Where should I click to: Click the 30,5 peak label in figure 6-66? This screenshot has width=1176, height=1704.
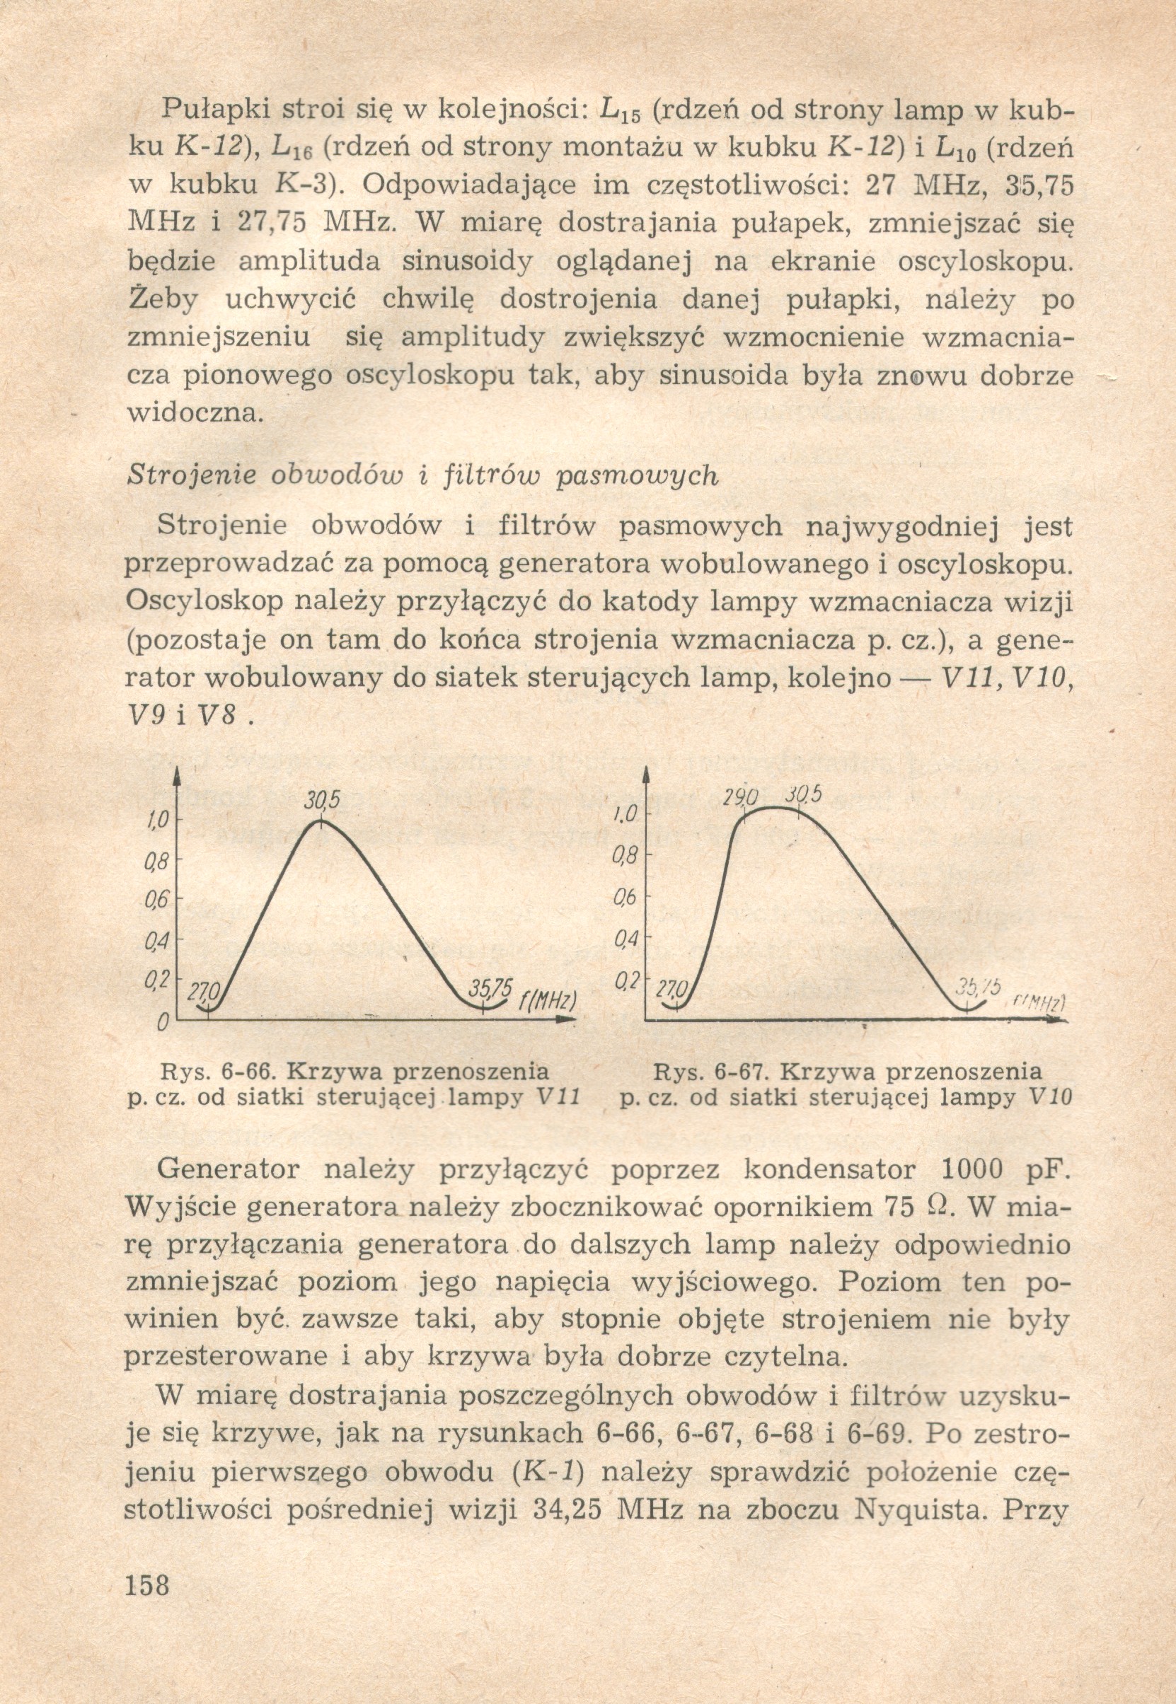coord(322,800)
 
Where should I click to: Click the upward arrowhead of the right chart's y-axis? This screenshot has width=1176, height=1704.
coord(645,774)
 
